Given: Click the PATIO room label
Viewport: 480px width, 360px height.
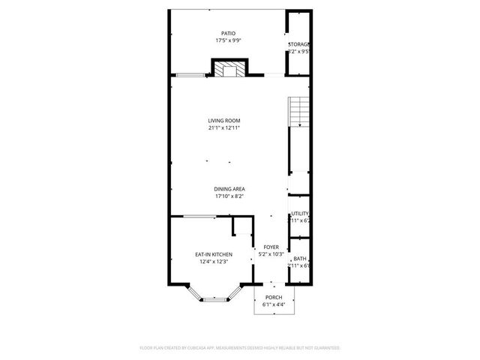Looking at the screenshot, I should tap(228, 34).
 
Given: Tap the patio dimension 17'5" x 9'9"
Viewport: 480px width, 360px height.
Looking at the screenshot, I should tap(228, 41).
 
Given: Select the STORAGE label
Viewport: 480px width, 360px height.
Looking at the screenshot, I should tap(299, 45).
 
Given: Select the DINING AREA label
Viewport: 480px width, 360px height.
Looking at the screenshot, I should tap(229, 189).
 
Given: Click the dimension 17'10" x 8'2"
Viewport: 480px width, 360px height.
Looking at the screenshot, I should tap(229, 196).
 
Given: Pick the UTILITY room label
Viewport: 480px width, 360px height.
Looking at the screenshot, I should tap(300, 214).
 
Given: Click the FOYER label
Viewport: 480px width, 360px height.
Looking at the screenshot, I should tap(271, 247).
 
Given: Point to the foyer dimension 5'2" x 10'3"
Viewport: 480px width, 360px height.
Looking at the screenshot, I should tap(271, 254).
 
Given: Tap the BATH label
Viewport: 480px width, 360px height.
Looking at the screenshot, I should tap(300, 259).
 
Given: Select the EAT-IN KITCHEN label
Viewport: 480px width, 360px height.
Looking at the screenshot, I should tap(213, 254).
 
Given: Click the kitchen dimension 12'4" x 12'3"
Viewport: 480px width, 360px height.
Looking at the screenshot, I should tap(213, 262).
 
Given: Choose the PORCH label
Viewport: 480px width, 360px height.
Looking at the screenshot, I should tap(274, 298).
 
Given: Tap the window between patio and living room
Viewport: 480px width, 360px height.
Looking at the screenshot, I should tap(190, 75).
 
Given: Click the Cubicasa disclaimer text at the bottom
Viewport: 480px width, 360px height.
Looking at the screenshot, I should tap(240, 348).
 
